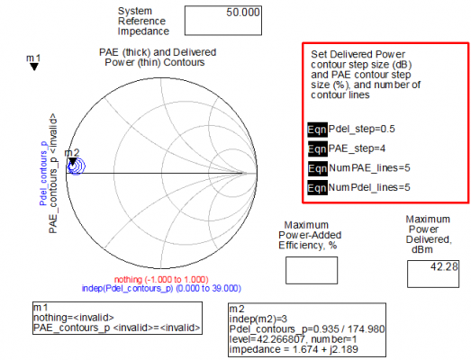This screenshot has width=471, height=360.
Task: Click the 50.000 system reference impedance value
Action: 243,13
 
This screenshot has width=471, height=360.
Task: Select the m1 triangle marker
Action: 34,67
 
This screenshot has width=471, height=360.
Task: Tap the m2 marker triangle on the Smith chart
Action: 73,161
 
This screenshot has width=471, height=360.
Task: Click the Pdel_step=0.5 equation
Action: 361,129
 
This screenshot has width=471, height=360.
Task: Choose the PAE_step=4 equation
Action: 357,148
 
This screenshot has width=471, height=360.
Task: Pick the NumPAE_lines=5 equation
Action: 369,167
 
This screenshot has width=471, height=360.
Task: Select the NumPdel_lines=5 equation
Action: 369,187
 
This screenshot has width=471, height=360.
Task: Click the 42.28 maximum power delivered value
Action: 444,266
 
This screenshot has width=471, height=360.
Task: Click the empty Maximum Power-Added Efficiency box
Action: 312,270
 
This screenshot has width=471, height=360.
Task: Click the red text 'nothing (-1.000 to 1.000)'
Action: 161,280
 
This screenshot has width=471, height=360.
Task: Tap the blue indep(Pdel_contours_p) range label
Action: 161,289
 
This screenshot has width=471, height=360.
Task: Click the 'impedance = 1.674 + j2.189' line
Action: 294,349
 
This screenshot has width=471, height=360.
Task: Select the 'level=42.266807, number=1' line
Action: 293,339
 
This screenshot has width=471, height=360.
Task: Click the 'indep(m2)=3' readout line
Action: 258,319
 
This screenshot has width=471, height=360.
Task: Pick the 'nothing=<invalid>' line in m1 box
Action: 74,318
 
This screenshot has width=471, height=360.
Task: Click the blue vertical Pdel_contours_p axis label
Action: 43,173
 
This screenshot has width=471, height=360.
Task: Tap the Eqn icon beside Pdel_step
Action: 317,130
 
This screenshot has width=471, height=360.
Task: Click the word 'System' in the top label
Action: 135,11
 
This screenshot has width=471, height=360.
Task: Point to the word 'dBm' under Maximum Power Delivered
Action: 421,249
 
